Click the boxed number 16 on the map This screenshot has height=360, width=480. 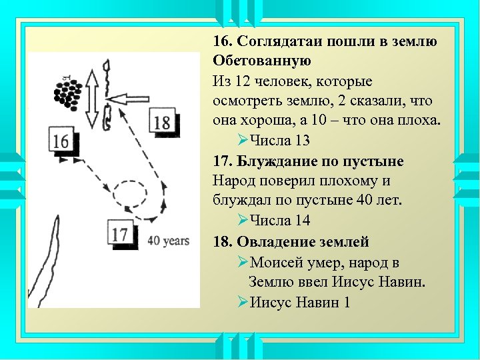[x=60, y=141]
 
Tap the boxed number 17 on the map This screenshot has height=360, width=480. [x=121, y=234]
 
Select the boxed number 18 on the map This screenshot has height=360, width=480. [x=162, y=122]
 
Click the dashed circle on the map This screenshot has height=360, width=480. [x=129, y=195]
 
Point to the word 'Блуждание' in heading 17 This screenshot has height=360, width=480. [x=274, y=161]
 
